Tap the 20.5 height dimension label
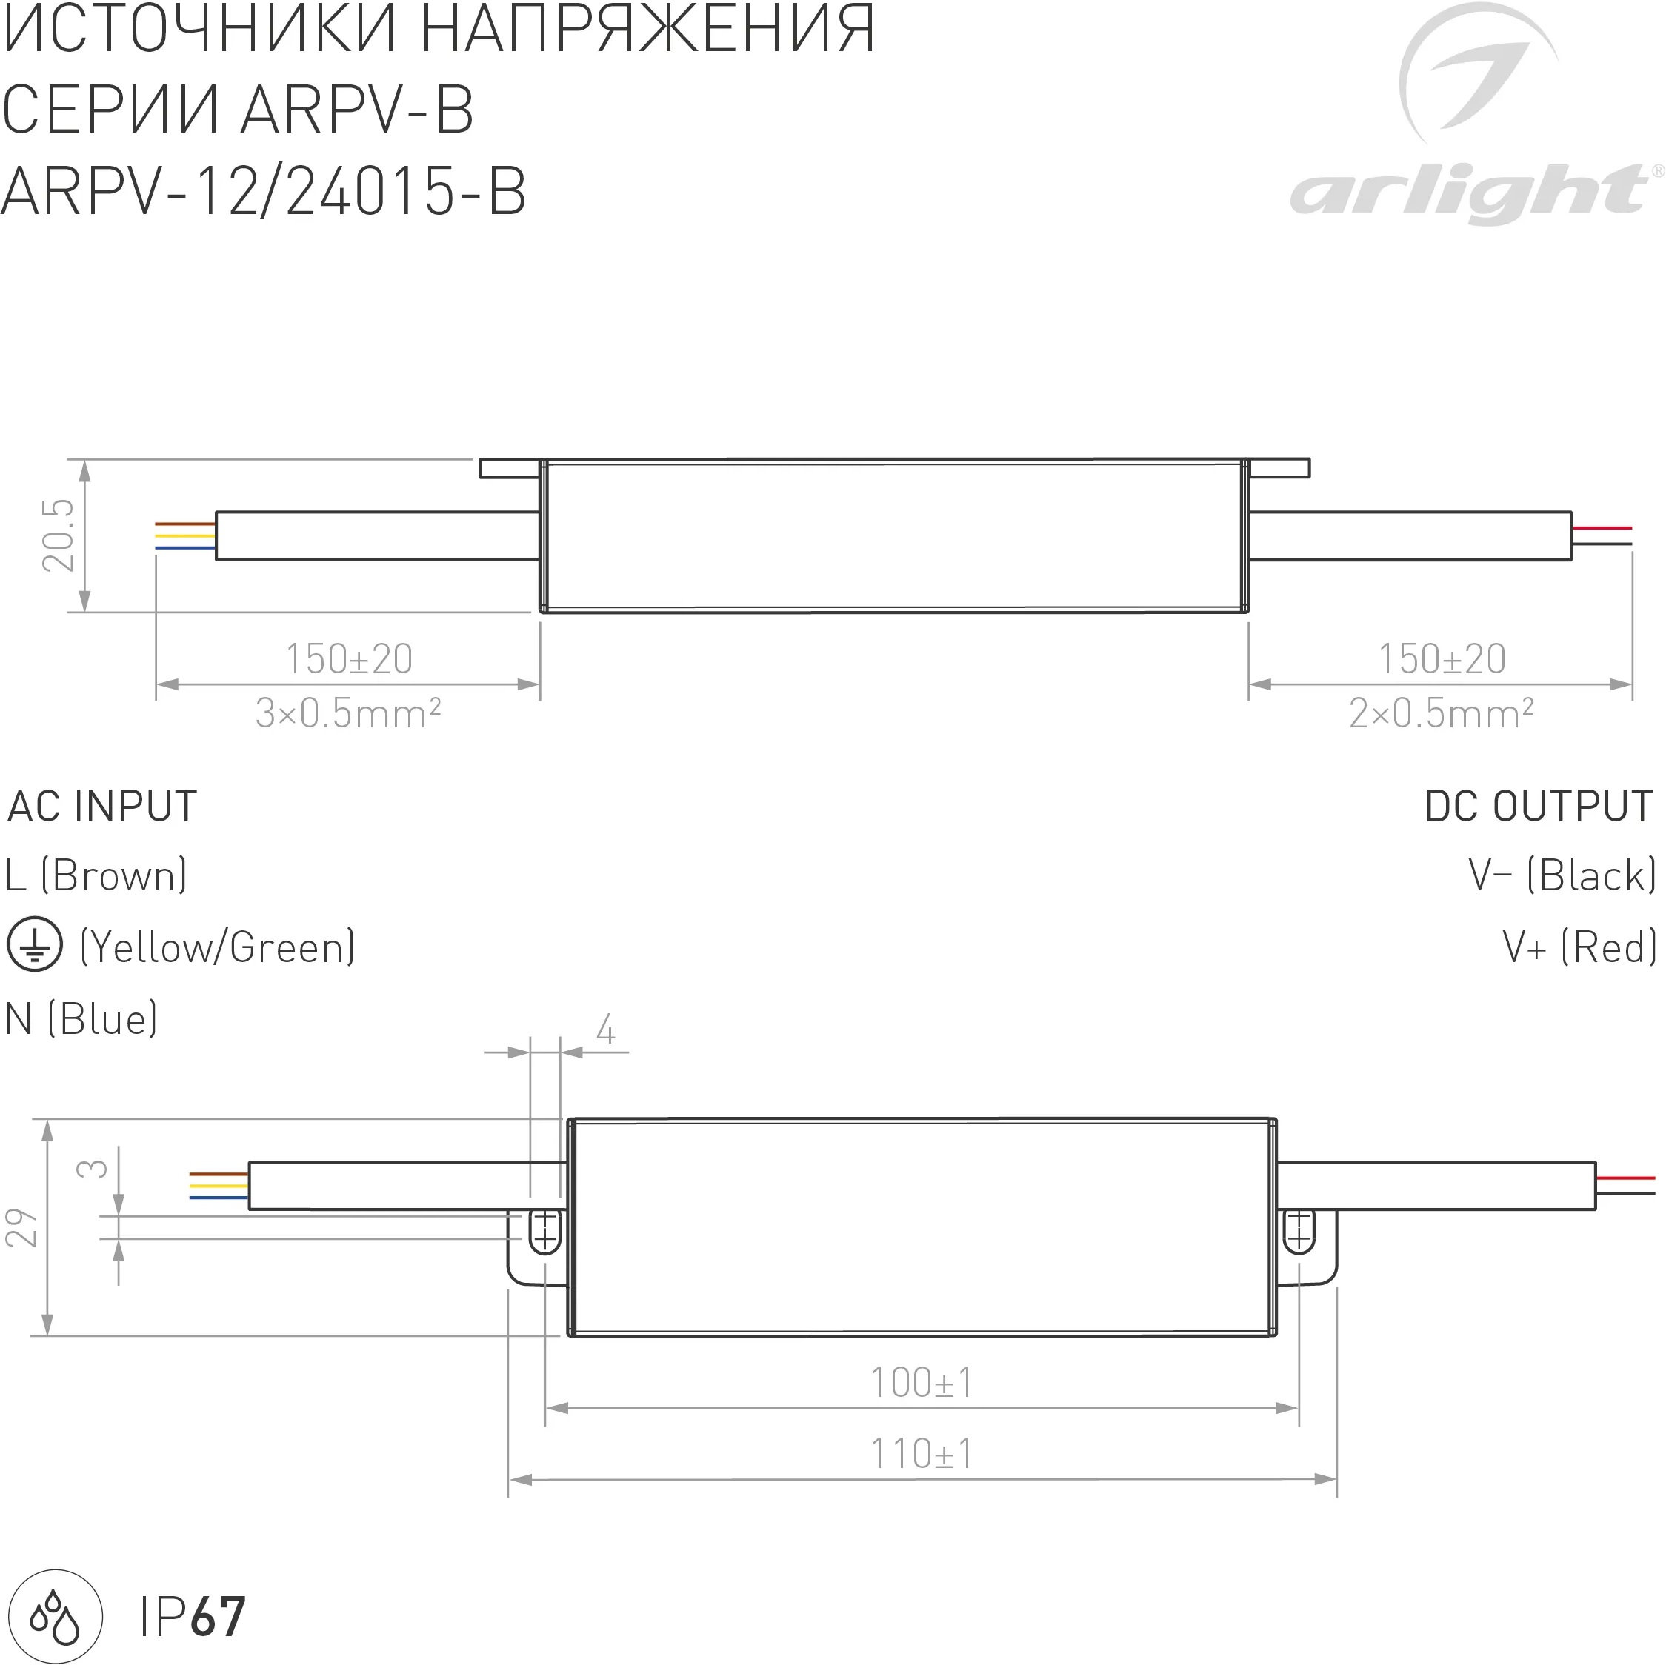59,535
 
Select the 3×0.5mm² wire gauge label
348,714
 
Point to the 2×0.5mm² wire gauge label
1441,714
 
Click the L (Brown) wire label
96,876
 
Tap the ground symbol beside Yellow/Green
35,944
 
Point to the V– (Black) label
1562,876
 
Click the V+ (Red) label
1579,947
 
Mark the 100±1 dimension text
921,1384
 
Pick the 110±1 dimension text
921,1455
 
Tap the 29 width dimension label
22,1227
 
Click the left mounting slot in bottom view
544,1230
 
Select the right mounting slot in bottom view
1299,1230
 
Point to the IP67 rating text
193,1618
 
